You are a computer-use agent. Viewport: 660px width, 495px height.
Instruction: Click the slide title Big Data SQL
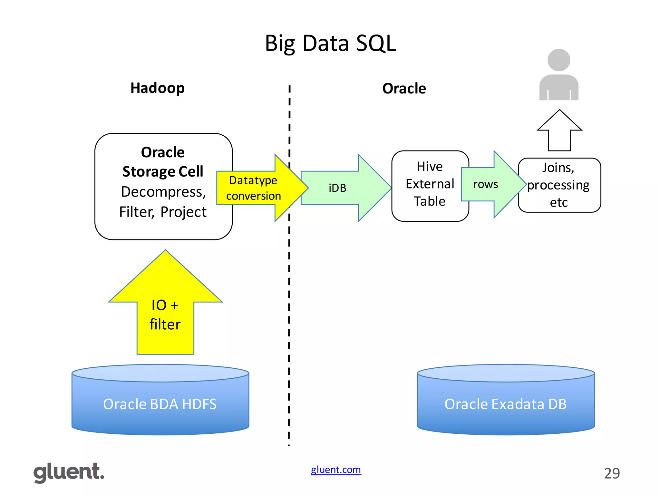330,44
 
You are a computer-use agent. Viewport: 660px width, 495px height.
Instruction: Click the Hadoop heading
157,88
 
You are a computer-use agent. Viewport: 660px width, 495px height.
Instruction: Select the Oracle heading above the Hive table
404,88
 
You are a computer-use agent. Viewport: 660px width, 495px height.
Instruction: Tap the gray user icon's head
559,60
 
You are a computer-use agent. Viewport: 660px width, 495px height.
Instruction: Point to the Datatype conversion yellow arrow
255,188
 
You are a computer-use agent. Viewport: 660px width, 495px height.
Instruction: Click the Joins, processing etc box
559,185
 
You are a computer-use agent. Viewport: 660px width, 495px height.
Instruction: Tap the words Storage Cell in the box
163,171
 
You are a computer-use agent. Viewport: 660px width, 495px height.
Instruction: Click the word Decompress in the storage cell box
163,192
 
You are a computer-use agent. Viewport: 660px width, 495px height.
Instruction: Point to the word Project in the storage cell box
183,212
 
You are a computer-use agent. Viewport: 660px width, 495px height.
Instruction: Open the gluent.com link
336,470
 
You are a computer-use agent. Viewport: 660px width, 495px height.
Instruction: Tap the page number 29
612,473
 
